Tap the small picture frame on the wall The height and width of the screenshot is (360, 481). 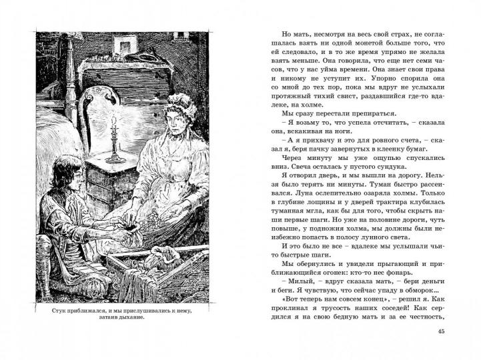coord(123,45)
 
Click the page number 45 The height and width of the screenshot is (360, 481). coord(440,333)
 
